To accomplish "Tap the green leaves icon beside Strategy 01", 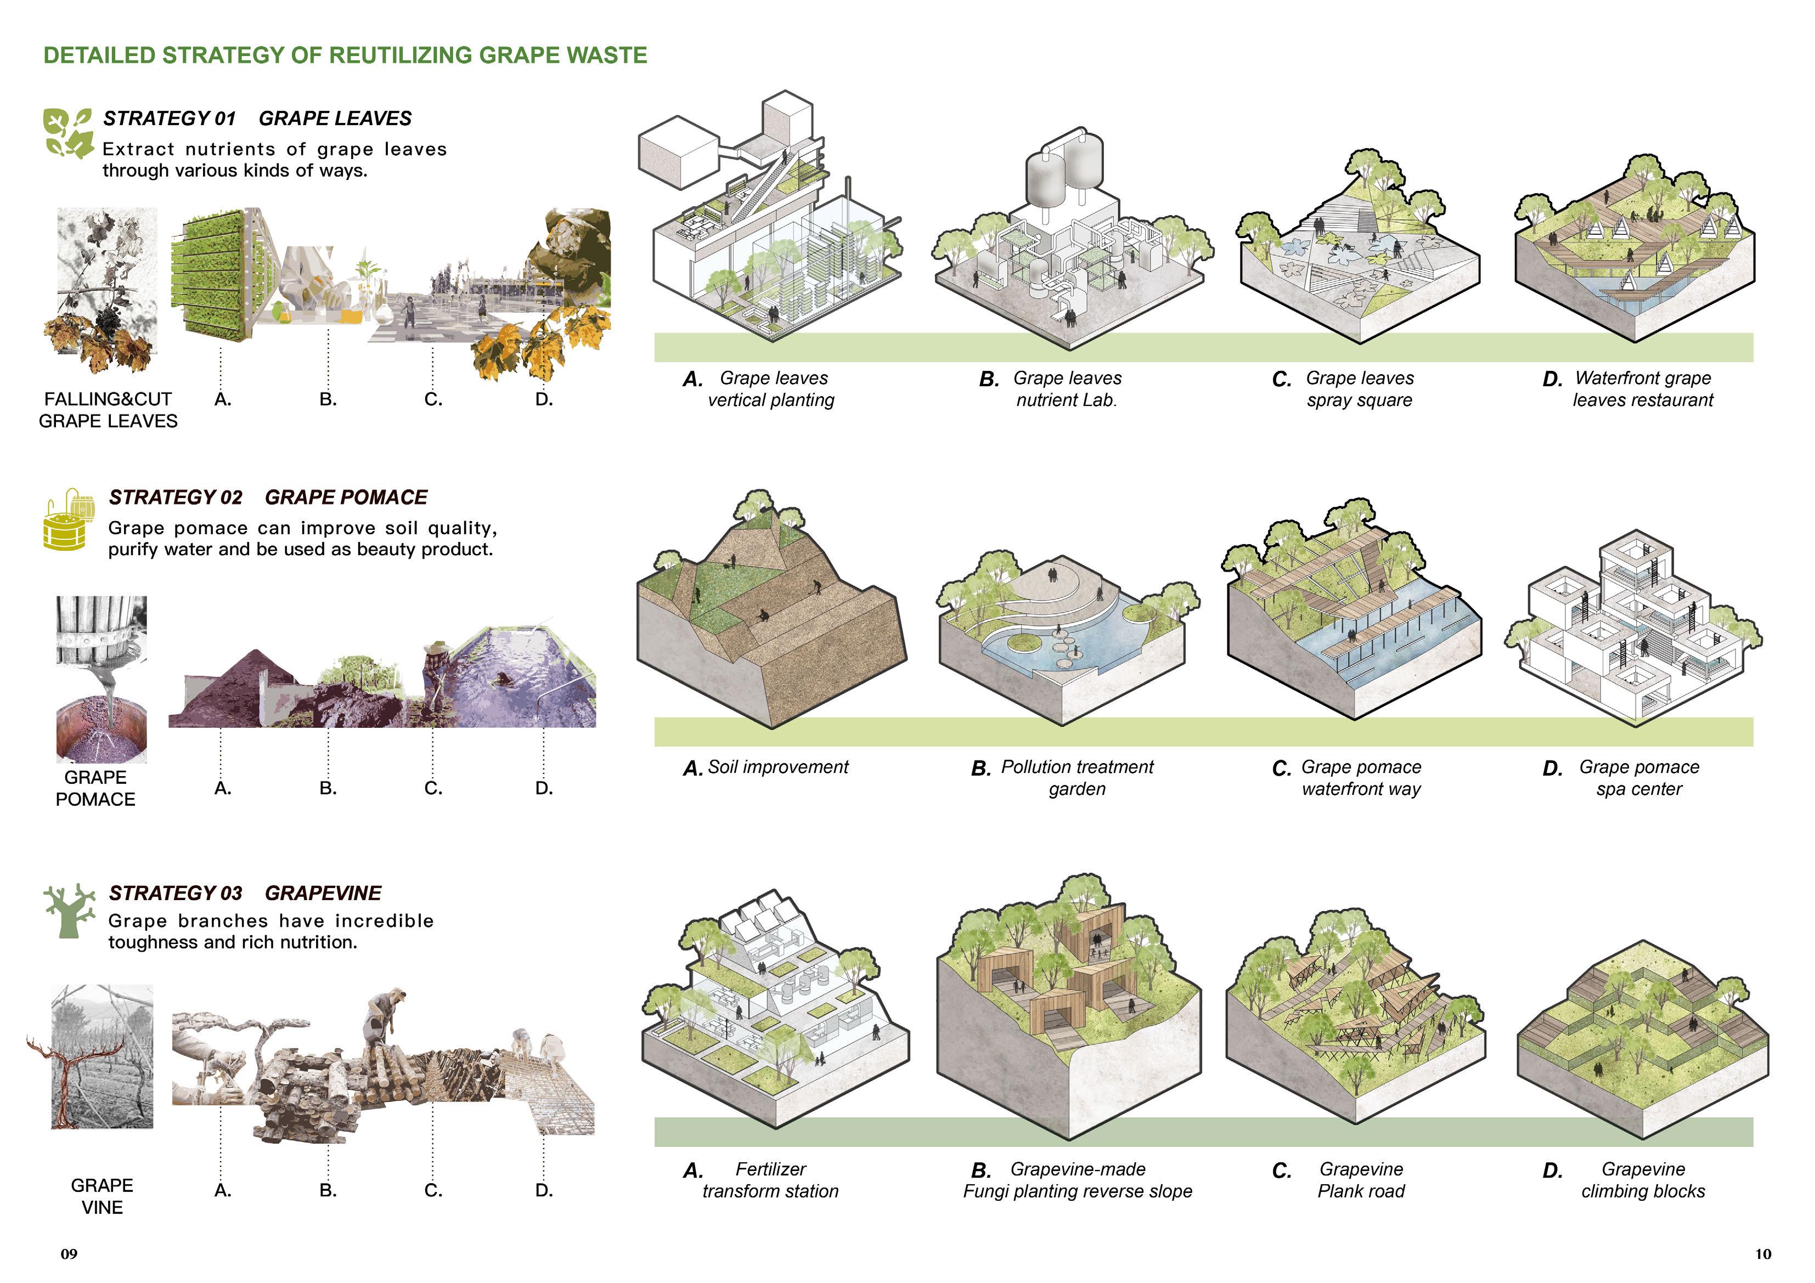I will pos(68,133).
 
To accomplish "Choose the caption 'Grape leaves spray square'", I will pos(1359,389).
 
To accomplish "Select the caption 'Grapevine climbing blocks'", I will pos(1643,1180).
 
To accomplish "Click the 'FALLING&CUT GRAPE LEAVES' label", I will pos(108,410).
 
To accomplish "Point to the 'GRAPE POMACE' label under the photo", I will pos(95,788).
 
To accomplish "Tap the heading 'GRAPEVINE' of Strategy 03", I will pos(323,894).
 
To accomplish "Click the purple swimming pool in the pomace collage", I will pos(525,672).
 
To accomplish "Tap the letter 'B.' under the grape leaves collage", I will pos(328,399).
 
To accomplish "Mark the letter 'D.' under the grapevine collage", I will pos(544,1190).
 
